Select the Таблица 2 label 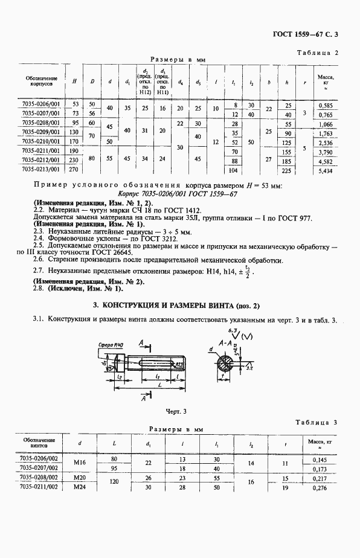pyautogui.click(x=319, y=53)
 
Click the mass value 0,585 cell pyautogui.click(x=327, y=104)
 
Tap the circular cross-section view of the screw pyautogui.click(x=229, y=365)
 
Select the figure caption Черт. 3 pyautogui.click(x=175, y=411)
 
